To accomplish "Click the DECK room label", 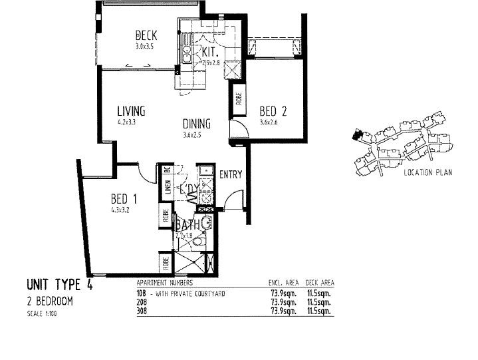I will pos(146,35).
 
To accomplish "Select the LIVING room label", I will pos(131,111).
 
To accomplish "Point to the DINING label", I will pos(197,124).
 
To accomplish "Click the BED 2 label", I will pos(273,110).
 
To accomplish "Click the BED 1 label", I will pos(124,199).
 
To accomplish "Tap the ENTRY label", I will pos(230,175).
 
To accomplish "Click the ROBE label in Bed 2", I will pos(238,98).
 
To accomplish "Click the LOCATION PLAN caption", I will pos(427,173).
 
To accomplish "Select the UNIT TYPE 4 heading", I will pos(59,286).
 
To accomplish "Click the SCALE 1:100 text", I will pos(43,313).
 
